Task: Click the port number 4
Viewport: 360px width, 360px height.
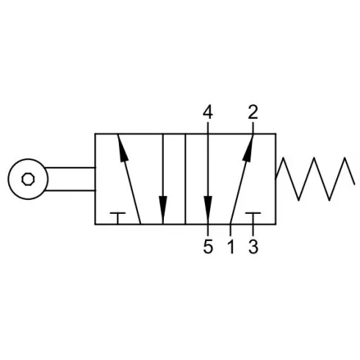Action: pyautogui.click(x=208, y=112)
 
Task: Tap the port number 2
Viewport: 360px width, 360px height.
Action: pyautogui.click(x=253, y=112)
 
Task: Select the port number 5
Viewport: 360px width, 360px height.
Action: pyautogui.click(x=208, y=246)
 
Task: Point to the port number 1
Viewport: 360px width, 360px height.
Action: pyautogui.click(x=231, y=246)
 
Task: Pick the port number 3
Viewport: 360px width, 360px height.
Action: pyautogui.click(x=253, y=246)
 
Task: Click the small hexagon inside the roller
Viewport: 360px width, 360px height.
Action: pyautogui.click(x=28, y=179)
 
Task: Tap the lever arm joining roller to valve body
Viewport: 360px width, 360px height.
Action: pyautogui.click(x=71, y=179)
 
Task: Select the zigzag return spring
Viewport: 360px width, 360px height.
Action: pyautogui.click(x=315, y=179)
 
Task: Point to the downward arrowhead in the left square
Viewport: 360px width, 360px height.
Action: pyautogui.click(x=163, y=210)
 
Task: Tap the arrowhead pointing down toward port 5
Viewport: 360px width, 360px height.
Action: pyautogui.click(x=208, y=210)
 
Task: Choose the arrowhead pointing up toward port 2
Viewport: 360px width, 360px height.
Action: pyautogui.click(x=248, y=148)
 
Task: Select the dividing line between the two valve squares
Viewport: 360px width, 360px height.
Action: pyautogui.click(x=185, y=179)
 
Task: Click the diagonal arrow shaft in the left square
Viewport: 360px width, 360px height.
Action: pyautogui.click(x=129, y=179)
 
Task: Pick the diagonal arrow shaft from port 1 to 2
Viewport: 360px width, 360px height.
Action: pyautogui.click(x=242, y=179)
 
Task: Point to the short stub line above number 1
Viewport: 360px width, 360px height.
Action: pyautogui.click(x=231, y=229)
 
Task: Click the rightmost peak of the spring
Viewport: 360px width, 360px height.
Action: pyautogui.click(x=345, y=158)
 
